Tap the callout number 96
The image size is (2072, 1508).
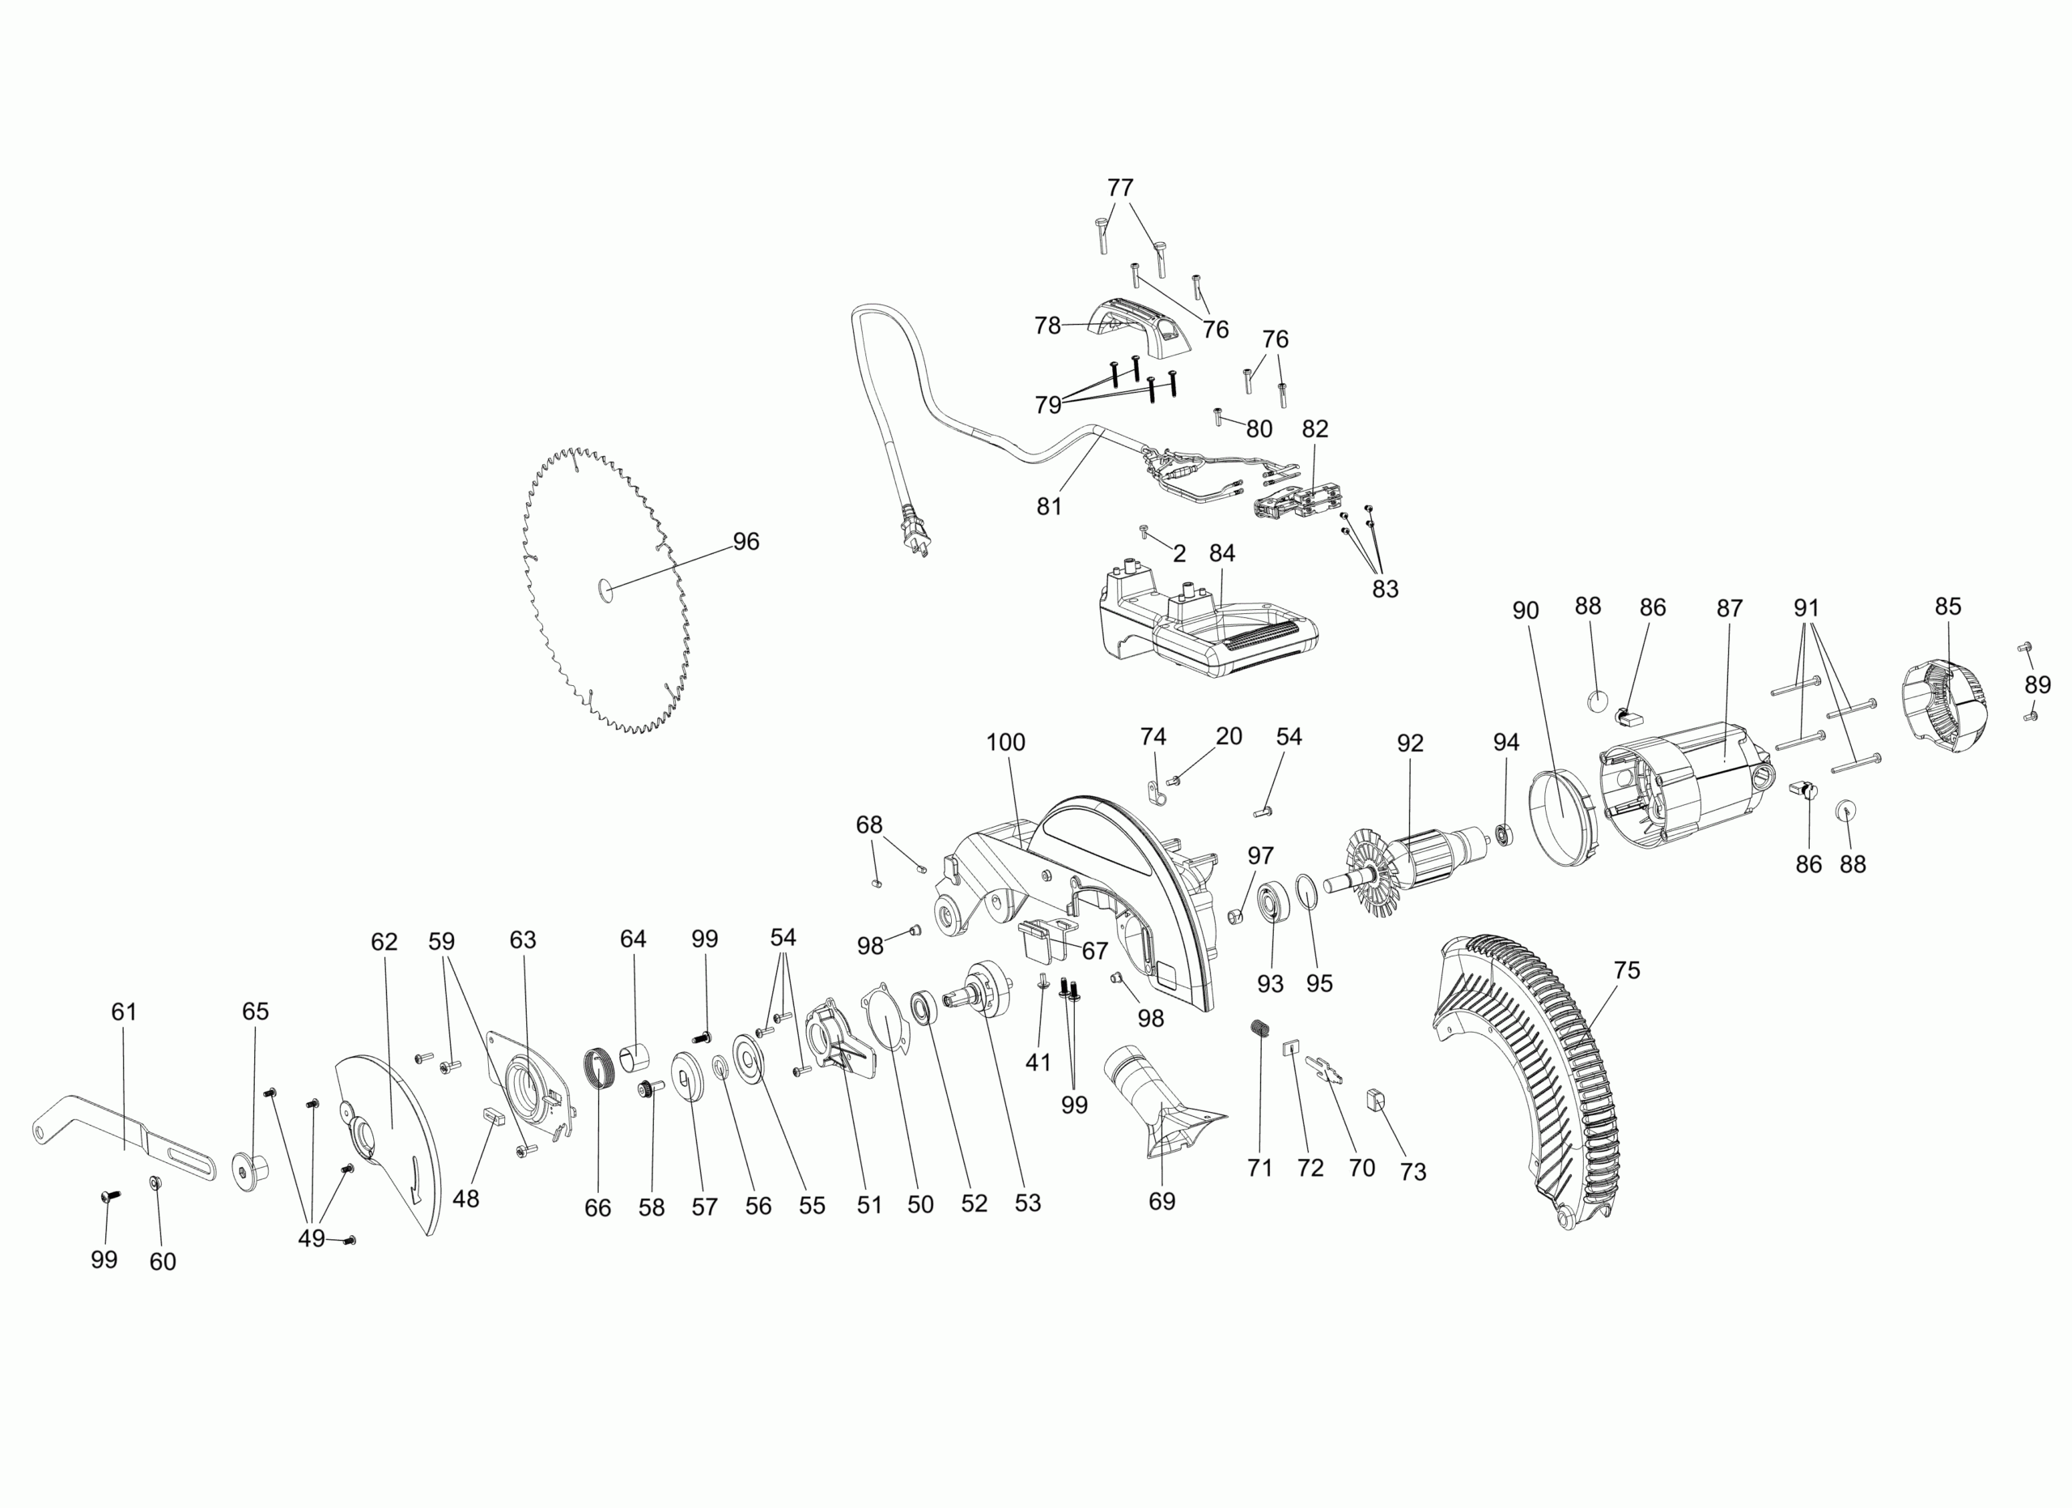coord(745,542)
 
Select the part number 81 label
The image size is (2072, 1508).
coord(1049,506)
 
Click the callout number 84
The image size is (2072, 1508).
coord(1221,553)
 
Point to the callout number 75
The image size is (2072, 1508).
coord(1626,969)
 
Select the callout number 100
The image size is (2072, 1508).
coord(1005,742)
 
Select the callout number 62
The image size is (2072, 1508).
coord(384,941)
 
